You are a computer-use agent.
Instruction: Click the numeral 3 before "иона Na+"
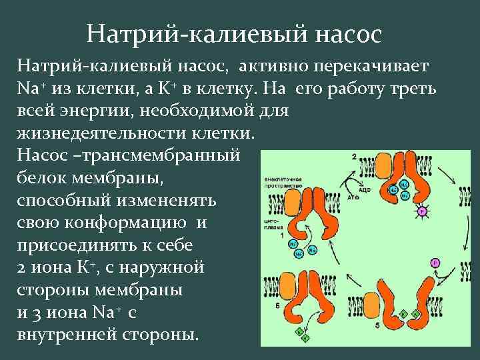[x=49, y=312]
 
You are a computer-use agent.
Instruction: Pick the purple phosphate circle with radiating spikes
[x=422, y=211]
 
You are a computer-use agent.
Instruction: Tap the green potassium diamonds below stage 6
[x=302, y=333]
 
